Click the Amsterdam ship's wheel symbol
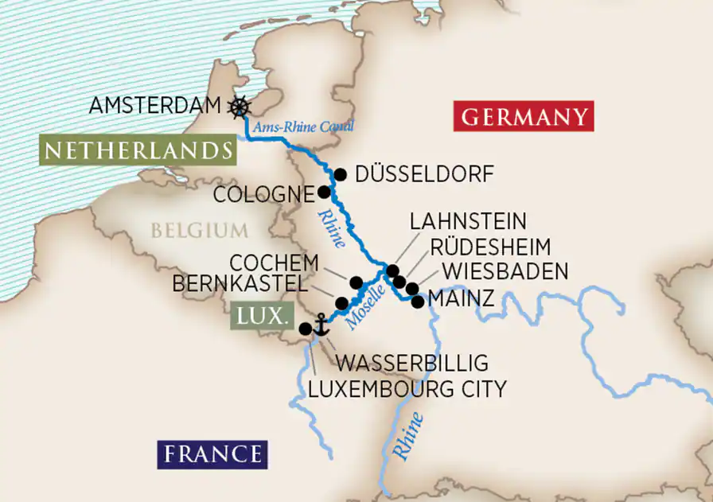click(238, 107)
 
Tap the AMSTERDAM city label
click(154, 106)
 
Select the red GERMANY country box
click(524, 117)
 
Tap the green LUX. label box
click(260, 316)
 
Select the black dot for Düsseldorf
click(341, 174)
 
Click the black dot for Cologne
click(324, 192)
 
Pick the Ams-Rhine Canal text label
click(303, 126)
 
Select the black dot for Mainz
click(417, 302)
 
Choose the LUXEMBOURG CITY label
click(407, 388)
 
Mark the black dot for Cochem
click(356, 282)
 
